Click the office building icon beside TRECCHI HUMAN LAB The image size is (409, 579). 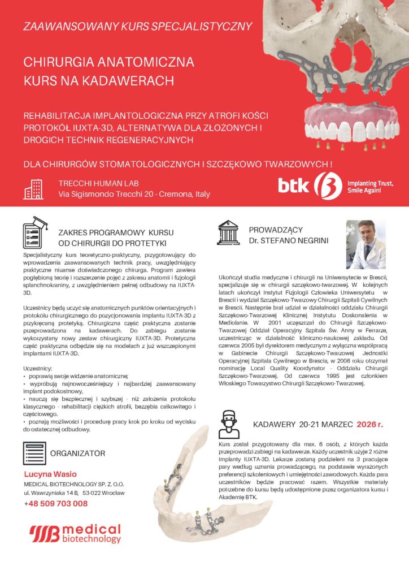tap(33, 189)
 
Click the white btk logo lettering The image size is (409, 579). tap(294, 186)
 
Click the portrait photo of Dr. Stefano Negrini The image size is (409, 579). tap(366, 244)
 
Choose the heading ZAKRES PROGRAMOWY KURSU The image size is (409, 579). tap(115, 232)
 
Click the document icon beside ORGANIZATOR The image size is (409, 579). tap(34, 453)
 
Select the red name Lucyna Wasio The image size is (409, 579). tap(50, 474)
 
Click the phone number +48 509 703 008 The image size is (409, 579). tap(56, 503)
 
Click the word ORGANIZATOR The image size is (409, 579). tap(77, 453)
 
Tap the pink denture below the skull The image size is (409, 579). tap(344, 124)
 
